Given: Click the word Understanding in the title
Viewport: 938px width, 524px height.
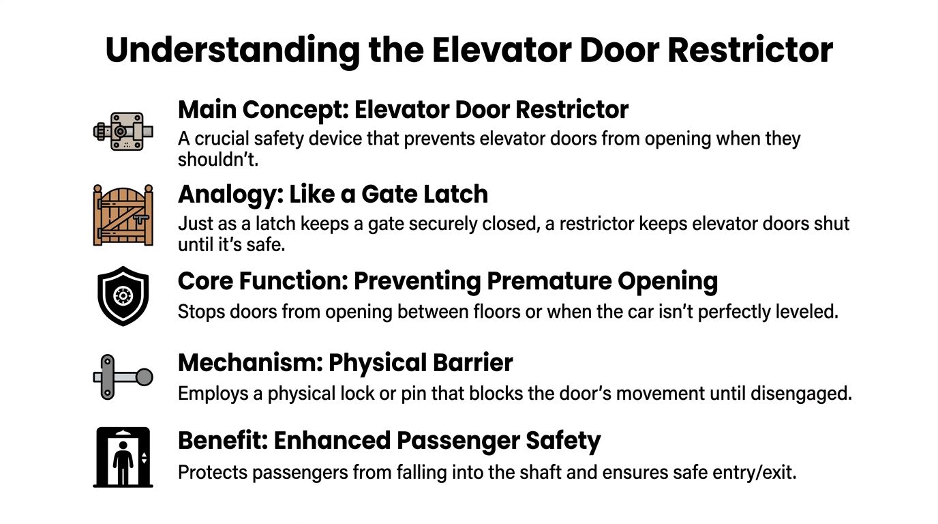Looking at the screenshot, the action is tap(232, 51).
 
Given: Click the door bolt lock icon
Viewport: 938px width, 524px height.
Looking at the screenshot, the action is tap(123, 131).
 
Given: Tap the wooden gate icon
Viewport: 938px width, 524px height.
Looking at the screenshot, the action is tap(123, 215).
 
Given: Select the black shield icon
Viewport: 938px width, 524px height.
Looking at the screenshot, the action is tap(123, 296).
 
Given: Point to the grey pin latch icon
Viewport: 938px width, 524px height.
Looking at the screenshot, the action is tap(123, 377).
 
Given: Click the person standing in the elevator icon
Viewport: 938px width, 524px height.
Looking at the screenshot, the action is tap(123, 463).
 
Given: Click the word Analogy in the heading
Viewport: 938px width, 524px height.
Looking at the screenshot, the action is tap(226, 195).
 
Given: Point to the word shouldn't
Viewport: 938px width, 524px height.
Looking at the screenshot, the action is tap(217, 159).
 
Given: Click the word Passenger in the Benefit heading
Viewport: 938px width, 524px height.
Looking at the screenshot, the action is tap(457, 441).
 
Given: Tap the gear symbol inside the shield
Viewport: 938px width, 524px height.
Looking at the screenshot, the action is tap(123, 296).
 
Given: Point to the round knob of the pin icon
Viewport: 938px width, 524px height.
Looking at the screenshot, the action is tap(144, 377).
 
